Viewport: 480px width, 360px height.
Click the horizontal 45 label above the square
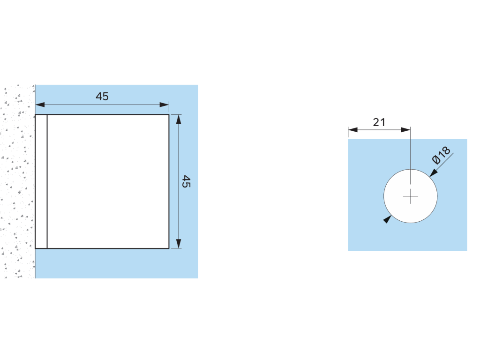point(102,97)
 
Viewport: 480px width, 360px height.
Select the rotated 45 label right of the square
point(186,181)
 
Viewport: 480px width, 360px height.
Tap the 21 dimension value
point(379,122)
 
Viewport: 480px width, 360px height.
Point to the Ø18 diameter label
point(441,155)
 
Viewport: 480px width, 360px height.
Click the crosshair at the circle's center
point(411,196)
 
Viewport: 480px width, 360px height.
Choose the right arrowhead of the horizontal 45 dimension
point(164,105)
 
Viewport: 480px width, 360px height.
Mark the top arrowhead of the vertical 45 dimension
point(178,119)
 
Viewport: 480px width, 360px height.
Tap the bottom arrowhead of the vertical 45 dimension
point(178,243)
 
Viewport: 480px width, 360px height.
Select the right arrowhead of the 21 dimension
point(406,129)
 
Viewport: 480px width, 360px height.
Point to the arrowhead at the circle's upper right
point(433,173)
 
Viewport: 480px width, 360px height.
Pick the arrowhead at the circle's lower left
point(387,219)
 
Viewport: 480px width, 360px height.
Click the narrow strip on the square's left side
point(41,181)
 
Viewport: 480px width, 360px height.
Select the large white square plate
point(108,181)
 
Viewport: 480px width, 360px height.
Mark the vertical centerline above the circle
point(411,150)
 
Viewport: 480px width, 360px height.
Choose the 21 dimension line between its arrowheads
point(380,129)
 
